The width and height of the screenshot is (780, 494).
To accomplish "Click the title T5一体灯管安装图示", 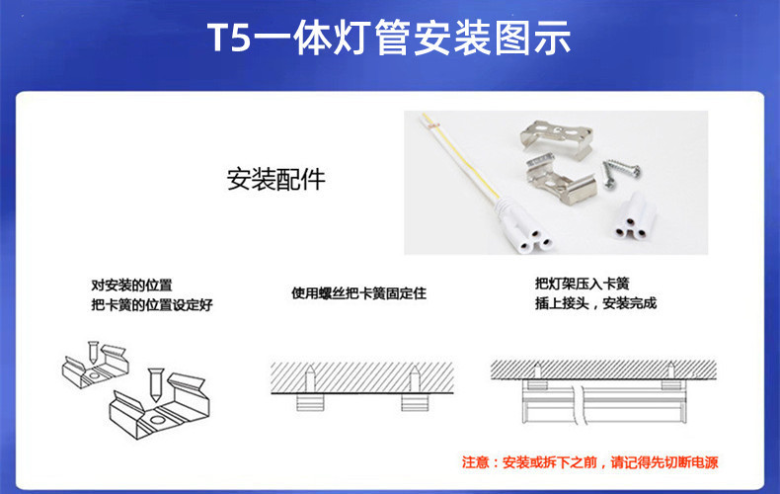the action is click(389, 38).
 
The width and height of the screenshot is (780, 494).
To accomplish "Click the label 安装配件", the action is click(276, 179).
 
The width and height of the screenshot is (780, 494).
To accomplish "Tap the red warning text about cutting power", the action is click(590, 462).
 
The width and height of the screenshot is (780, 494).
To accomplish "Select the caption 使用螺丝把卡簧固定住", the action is click(358, 293).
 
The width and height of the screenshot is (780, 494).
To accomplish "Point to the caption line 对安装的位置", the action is click(132, 286).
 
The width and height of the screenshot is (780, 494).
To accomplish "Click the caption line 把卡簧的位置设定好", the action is click(152, 304).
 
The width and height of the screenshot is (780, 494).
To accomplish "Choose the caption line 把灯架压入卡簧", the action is click(582, 284).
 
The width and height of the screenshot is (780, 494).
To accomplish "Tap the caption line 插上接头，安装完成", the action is click(596, 303).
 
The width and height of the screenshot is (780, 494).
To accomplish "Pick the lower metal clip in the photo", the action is click(560, 180).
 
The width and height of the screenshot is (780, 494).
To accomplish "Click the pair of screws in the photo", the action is click(621, 172).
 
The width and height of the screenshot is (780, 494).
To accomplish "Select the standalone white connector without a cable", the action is click(634, 216).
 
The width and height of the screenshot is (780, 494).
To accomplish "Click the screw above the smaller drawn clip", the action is click(93, 352).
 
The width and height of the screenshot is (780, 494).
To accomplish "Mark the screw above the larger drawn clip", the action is click(156, 384).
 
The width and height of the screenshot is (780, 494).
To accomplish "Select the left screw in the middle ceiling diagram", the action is click(310, 378).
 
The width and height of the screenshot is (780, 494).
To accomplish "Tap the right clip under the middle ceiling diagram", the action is click(415, 402).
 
